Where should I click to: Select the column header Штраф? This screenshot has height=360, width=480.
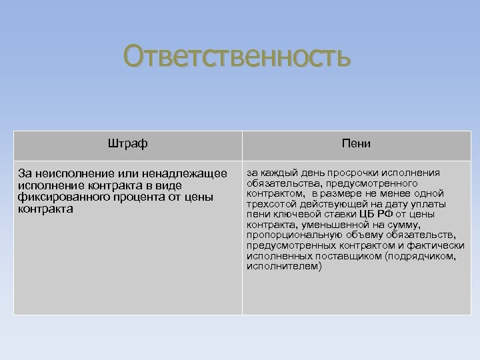[x=127, y=144]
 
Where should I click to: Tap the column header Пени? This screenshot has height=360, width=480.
[x=356, y=144]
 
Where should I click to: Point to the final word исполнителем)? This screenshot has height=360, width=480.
[x=284, y=267]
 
